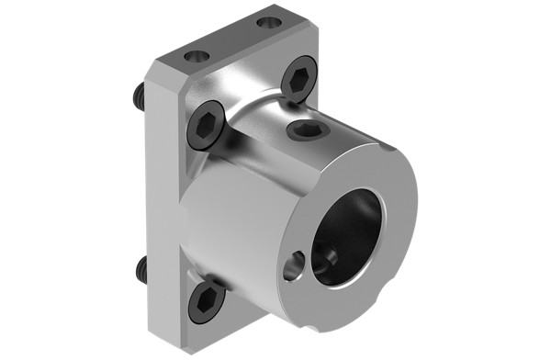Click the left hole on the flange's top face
tap(197, 56)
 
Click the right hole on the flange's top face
tap(268, 22)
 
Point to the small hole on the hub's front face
tap(293, 267)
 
